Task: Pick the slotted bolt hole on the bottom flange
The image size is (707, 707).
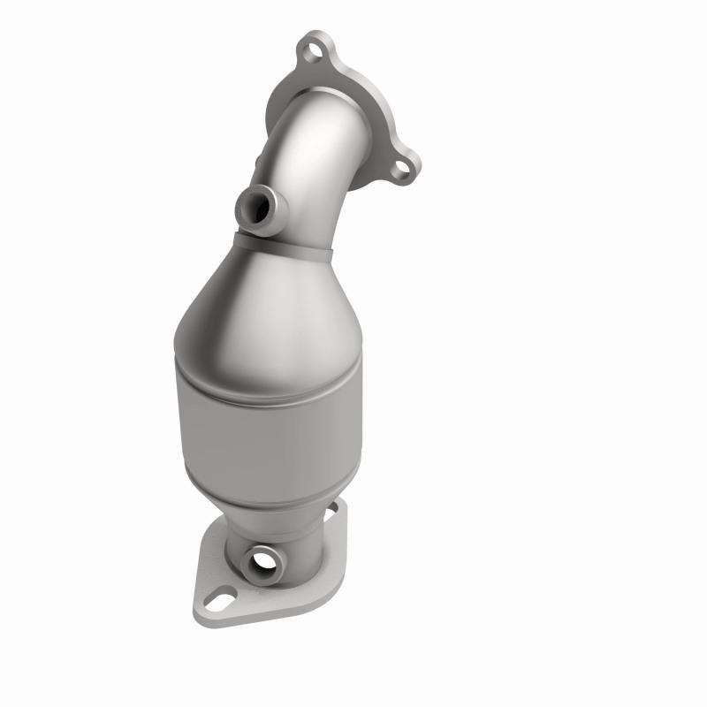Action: (x=222, y=603)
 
